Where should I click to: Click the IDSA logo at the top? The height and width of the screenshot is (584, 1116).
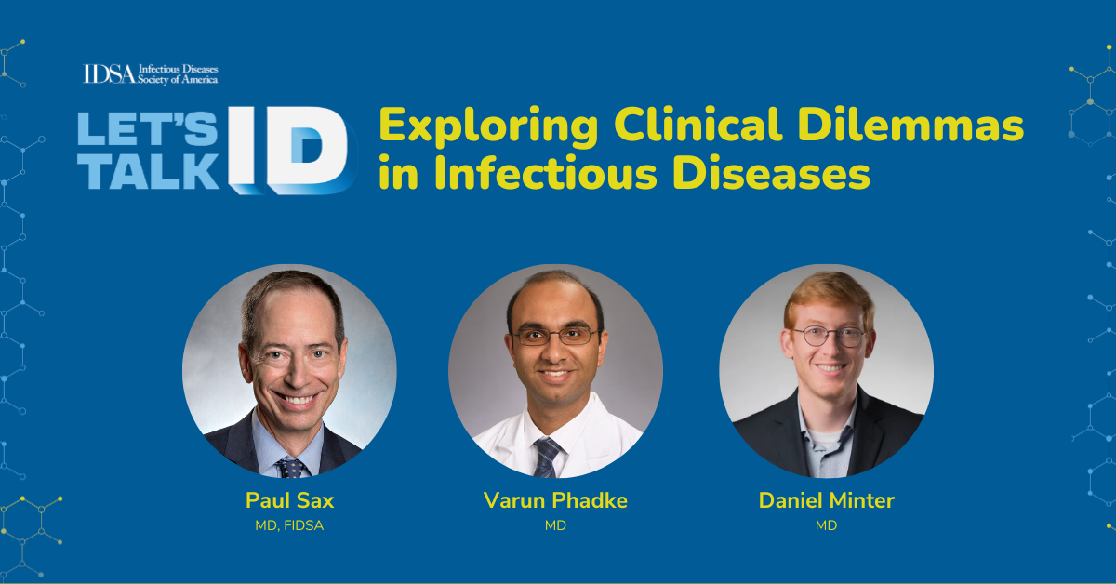[x=151, y=74]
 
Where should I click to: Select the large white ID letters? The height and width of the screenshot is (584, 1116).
[x=288, y=149]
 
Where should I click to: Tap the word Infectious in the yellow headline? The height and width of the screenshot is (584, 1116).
[x=534, y=173]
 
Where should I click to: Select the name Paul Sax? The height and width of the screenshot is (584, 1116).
[x=289, y=500]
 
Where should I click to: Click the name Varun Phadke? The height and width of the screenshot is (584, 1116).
[x=555, y=500]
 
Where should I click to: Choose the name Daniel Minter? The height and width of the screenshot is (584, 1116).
[x=826, y=500]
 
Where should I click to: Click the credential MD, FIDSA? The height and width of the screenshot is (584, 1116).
[x=289, y=526]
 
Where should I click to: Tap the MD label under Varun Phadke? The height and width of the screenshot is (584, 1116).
[x=555, y=526]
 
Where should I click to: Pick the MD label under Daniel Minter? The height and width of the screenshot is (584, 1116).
[x=826, y=526]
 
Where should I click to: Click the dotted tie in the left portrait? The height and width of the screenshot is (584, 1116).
[x=291, y=465]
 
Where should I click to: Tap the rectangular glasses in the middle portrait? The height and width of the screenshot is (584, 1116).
[x=555, y=336]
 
